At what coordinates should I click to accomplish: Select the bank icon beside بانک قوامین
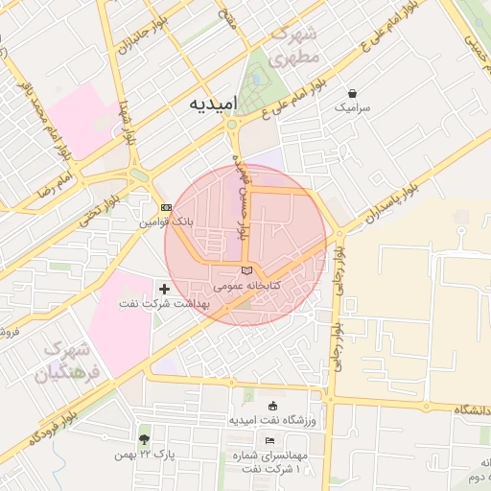click(166, 207)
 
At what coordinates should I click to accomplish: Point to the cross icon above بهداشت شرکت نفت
click(164, 288)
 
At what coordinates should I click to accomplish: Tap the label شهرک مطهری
click(293, 45)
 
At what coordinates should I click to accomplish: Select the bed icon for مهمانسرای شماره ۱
click(269, 439)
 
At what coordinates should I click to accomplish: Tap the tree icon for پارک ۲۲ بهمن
click(145, 439)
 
